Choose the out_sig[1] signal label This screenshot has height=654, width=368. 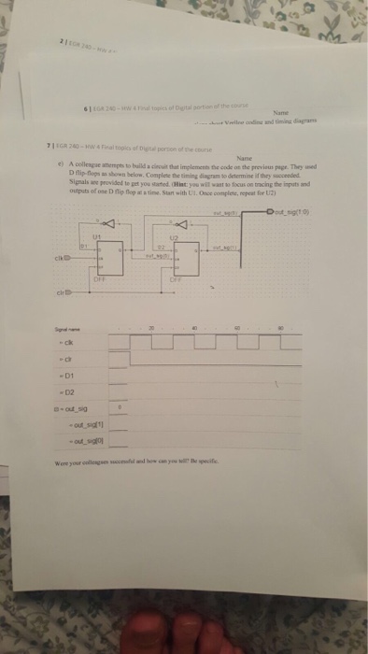pyautogui.click(x=76, y=448)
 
